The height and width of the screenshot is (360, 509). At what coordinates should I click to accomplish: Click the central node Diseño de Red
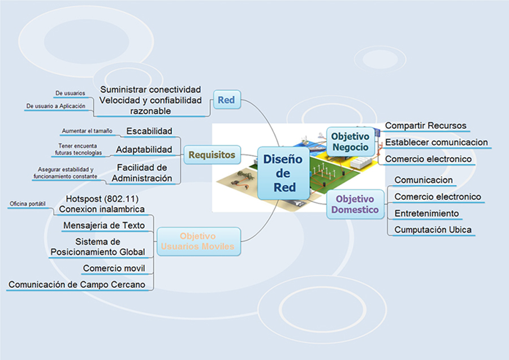pyautogui.click(x=283, y=173)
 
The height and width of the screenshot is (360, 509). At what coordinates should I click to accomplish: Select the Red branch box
pyautogui.click(x=227, y=99)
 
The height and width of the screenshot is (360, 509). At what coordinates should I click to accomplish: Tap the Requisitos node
pyautogui.click(x=212, y=155)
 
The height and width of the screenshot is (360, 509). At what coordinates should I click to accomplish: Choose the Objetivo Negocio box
pyautogui.click(x=350, y=142)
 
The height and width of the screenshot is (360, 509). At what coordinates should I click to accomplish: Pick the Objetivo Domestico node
pyautogui.click(x=355, y=205)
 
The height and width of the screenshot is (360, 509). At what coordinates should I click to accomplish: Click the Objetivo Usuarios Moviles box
pyautogui.click(x=198, y=241)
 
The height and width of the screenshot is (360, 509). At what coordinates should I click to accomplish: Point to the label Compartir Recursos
pyautogui.click(x=425, y=125)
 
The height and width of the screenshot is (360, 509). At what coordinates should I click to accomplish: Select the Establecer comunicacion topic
pyautogui.click(x=436, y=142)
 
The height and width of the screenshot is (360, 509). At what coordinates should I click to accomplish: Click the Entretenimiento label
pyautogui.click(x=426, y=214)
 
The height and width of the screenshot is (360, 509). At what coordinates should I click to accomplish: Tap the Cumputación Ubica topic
pyautogui.click(x=433, y=229)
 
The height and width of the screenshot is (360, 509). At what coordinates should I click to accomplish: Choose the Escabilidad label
pyautogui.click(x=149, y=131)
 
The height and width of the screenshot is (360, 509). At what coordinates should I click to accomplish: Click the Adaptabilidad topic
pyautogui.click(x=144, y=150)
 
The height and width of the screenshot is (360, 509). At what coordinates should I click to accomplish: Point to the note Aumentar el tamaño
pyautogui.click(x=87, y=131)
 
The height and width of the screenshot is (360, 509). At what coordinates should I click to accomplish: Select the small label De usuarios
pyautogui.click(x=70, y=93)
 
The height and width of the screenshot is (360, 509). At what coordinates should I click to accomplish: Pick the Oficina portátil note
pyautogui.click(x=28, y=203)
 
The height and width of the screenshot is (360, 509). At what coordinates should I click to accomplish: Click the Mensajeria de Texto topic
pyautogui.click(x=104, y=225)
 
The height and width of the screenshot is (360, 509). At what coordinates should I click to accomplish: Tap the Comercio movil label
pyautogui.click(x=114, y=268)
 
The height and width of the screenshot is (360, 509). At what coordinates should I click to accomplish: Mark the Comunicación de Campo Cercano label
pyautogui.click(x=76, y=284)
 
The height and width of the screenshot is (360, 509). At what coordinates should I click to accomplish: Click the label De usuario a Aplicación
pyautogui.click(x=56, y=106)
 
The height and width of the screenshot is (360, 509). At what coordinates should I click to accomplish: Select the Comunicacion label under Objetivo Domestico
pyautogui.click(x=423, y=180)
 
